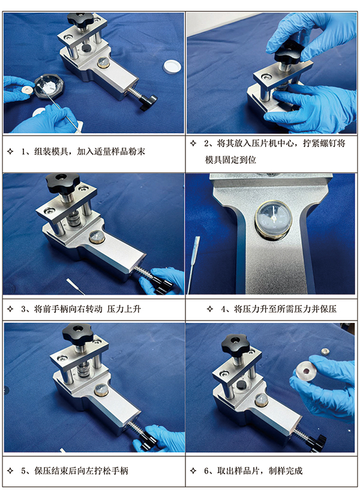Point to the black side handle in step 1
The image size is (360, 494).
(x=146, y=103)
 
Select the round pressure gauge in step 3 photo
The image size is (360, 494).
(x=97, y=237)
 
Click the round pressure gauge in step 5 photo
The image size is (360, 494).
(x=100, y=391)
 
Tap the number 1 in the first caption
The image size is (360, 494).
(x=25, y=151)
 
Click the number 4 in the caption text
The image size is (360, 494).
(x=224, y=310)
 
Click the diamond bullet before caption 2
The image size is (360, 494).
(x=193, y=143)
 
